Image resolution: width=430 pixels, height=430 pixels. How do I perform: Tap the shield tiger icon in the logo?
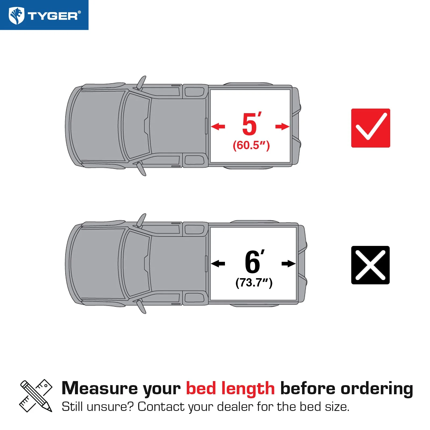[16, 16]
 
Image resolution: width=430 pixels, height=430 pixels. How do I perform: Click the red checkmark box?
[371, 128]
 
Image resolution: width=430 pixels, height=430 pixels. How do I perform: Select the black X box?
[370, 265]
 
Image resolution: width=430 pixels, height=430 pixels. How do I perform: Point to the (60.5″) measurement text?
[251, 145]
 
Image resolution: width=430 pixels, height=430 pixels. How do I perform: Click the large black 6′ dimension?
[254, 261]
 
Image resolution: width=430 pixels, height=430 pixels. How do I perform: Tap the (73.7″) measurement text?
[254, 283]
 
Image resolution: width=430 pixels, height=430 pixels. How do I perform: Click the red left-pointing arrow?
[218, 126]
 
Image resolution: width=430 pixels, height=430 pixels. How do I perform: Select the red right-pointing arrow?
[282, 126]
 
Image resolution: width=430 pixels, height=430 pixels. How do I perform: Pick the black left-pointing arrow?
[218, 264]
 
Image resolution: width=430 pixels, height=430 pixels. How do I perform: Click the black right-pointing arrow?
[289, 264]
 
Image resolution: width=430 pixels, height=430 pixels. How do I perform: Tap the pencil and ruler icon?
[36, 396]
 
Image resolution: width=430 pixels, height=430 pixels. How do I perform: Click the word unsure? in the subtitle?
[110, 407]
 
